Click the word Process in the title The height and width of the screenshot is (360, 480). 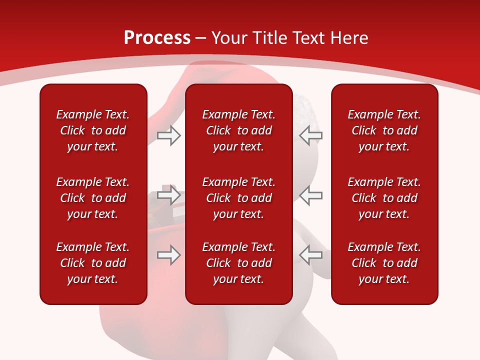[157, 38]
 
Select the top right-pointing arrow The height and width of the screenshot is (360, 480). [168, 135]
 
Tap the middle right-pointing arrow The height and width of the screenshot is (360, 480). [168, 194]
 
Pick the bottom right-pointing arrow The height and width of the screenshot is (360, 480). [168, 255]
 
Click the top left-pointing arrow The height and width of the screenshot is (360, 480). [310, 135]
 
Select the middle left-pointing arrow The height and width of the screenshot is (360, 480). [310, 194]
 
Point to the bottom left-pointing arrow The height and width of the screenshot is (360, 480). [310, 255]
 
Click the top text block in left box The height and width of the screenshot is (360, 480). [93, 130]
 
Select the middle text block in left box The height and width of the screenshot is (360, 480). [93, 198]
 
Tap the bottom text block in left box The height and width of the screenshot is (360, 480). [93, 263]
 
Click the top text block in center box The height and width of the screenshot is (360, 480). [238, 130]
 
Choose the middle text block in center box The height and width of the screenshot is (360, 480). [238, 198]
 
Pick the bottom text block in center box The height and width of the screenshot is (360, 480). [238, 263]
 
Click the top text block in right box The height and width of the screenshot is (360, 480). [384, 130]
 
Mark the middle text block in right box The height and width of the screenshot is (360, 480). [384, 198]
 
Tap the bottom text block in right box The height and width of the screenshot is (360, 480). [384, 263]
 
